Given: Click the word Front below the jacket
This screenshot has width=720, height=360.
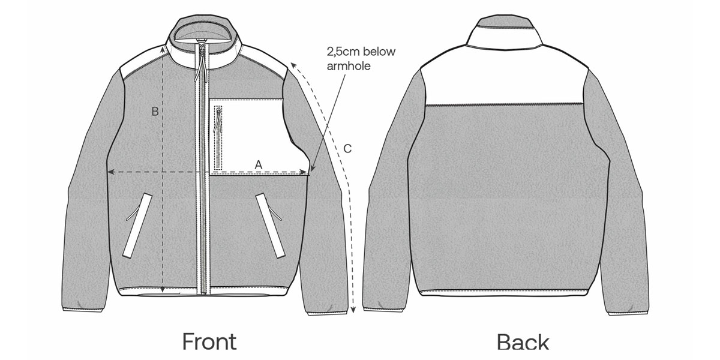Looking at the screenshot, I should (209, 341).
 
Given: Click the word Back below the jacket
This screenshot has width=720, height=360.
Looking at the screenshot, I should (523, 342).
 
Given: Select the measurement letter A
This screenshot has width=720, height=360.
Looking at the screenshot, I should (259, 164).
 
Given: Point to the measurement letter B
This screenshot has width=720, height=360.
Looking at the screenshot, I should (154, 112).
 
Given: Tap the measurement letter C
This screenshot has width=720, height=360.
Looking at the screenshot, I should (347, 148).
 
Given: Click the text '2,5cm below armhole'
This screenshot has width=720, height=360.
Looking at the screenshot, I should (361, 58).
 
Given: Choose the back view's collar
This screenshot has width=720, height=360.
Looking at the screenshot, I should (506, 33).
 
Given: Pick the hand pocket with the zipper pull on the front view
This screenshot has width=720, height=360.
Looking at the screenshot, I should (269, 225).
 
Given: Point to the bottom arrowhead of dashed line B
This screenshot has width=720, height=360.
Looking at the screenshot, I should (163, 291).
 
